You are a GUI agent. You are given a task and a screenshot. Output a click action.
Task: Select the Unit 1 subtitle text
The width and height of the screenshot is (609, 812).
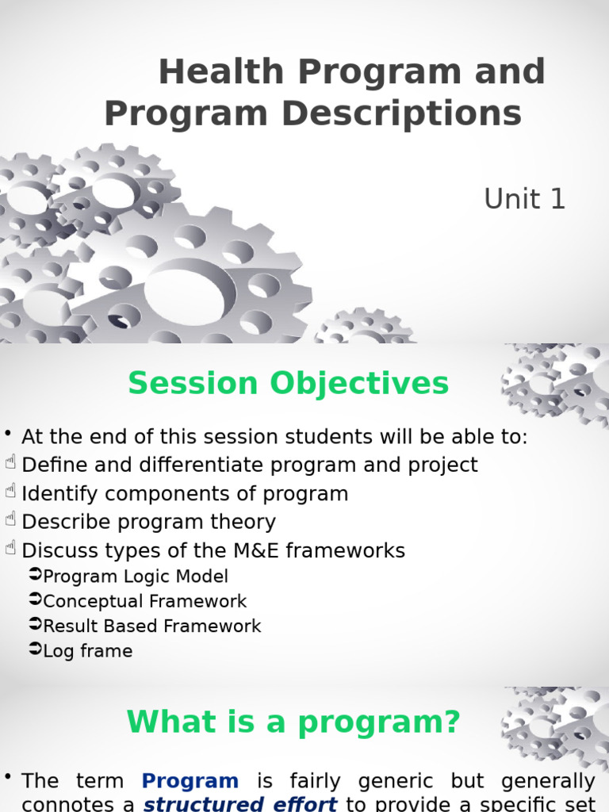point(524,199)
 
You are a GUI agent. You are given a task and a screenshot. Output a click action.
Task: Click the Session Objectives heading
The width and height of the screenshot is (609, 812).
point(289,383)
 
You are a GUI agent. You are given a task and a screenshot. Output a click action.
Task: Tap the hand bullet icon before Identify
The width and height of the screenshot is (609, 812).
point(10,490)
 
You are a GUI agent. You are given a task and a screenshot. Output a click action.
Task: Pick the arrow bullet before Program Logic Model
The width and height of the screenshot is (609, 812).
point(35,574)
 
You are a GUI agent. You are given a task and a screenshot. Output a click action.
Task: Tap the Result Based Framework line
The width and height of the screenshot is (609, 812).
point(151,626)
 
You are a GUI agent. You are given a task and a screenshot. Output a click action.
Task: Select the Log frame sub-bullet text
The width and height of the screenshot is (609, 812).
point(88,651)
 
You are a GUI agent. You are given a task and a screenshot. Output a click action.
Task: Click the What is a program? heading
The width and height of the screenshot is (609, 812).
point(293,722)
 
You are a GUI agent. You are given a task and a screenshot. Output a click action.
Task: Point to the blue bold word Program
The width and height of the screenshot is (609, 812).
point(190,781)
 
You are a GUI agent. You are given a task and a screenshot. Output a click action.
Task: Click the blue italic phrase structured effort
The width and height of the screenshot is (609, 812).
point(240,804)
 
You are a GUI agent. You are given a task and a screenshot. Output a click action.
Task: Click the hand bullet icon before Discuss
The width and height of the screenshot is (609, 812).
point(10,548)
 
